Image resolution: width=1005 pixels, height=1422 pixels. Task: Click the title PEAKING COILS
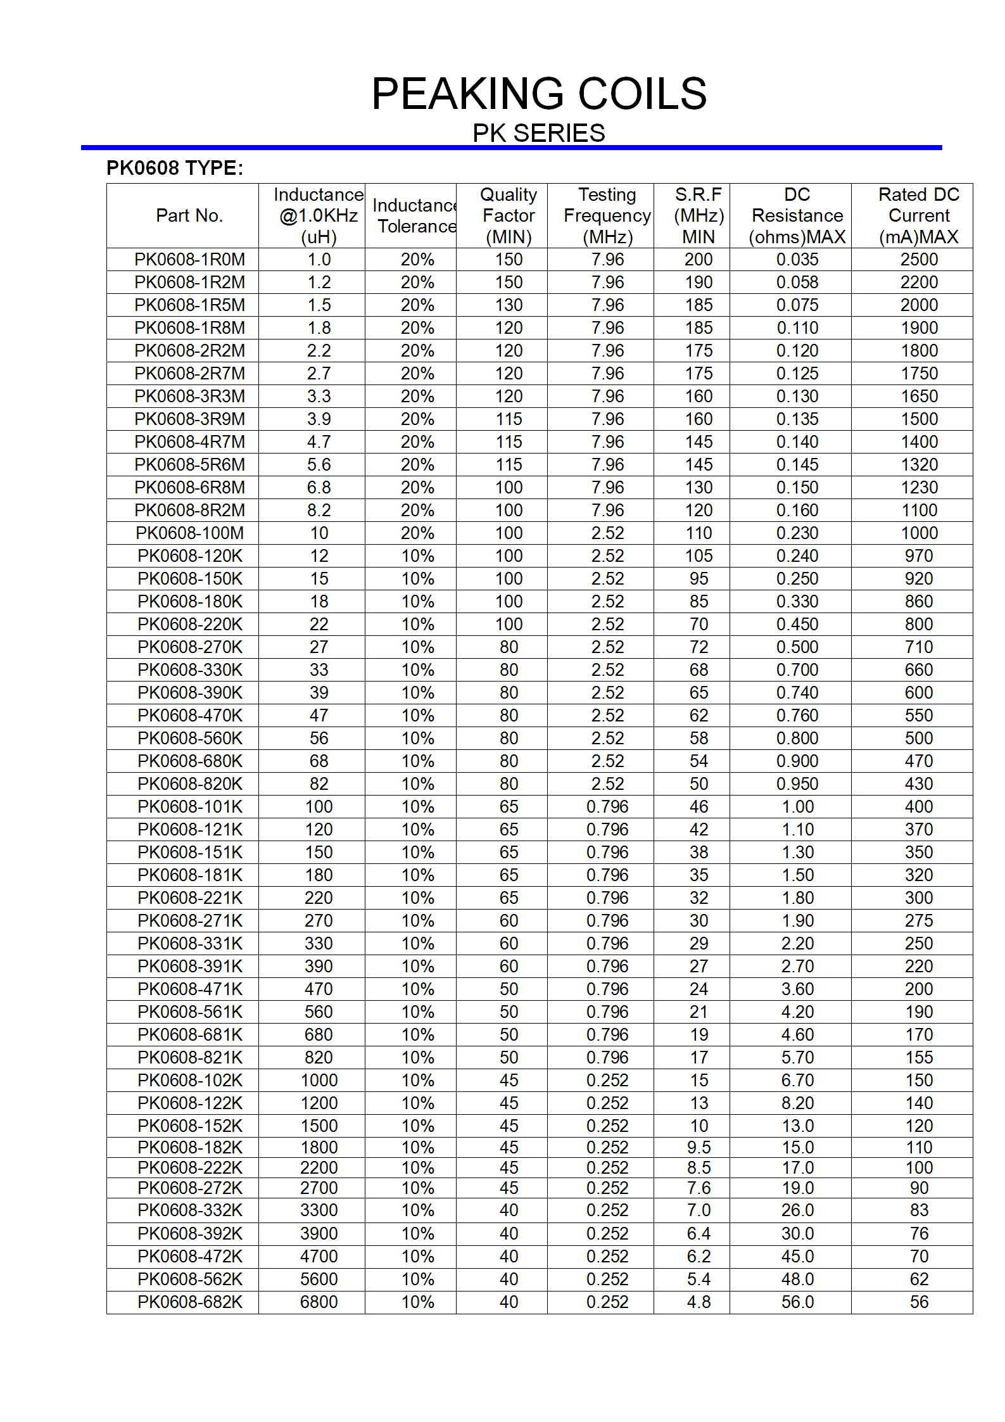click(x=539, y=94)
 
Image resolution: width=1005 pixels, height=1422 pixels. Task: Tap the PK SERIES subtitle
click(x=539, y=133)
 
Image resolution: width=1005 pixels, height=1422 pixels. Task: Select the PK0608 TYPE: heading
click(x=175, y=168)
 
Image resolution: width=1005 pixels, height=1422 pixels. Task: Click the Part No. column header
click(x=189, y=215)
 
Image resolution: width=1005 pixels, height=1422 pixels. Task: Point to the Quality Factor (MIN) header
click(x=509, y=215)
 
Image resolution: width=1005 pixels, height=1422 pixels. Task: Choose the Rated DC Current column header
click(x=918, y=215)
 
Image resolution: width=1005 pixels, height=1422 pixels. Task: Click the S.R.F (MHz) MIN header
click(x=698, y=215)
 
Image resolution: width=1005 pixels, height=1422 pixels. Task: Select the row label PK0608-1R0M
click(x=189, y=260)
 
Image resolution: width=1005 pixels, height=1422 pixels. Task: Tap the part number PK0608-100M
click(x=189, y=533)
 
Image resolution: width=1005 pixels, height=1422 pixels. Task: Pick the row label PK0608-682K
click(x=189, y=1302)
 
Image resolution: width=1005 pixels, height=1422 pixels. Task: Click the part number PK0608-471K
click(x=189, y=989)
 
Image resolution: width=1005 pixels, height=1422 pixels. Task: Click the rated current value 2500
click(x=919, y=260)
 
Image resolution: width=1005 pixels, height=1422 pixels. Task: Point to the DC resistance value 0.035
click(x=797, y=260)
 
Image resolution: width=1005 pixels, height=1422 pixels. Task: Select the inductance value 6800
click(x=319, y=1302)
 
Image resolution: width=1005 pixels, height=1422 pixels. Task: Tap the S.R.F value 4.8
click(x=698, y=1302)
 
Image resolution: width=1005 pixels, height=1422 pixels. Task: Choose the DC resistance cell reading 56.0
click(x=797, y=1302)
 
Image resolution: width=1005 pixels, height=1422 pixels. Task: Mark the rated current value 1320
click(x=919, y=465)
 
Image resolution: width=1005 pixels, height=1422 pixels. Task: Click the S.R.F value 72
click(x=698, y=647)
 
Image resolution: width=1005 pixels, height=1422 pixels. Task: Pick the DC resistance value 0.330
click(x=797, y=602)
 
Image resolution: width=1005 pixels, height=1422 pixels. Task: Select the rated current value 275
click(x=919, y=921)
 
